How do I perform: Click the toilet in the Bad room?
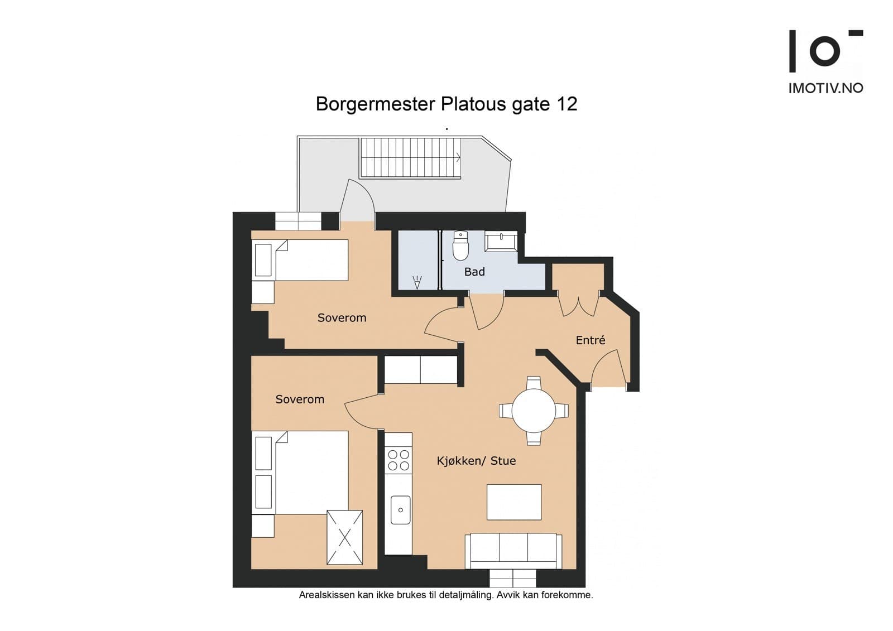(460, 247)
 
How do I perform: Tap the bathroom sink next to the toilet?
(501, 242)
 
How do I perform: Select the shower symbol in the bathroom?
(417, 282)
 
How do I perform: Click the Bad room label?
(474, 272)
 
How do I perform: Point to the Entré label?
(590, 340)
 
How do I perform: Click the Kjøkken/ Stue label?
(476, 461)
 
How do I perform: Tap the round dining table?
(534, 411)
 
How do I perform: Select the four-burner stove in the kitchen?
(399, 460)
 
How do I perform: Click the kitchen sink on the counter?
(400, 509)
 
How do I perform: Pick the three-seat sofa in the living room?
(513, 551)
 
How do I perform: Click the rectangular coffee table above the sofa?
(514, 502)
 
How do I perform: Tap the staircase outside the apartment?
(410, 158)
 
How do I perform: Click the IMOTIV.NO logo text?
(825, 88)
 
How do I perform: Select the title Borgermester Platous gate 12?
(446, 104)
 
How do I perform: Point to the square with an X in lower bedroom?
(344, 537)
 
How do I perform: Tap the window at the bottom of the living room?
(513, 577)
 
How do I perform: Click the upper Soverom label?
(342, 318)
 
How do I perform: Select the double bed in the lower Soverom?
(301, 472)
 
